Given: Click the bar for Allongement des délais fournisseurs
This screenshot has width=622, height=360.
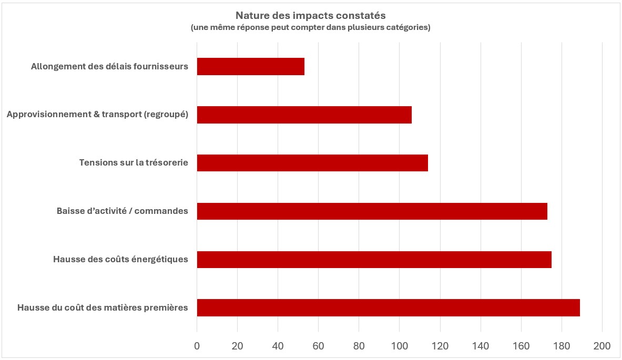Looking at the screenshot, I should (x=250, y=67).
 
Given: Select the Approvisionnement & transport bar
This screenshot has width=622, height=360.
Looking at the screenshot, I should (x=304, y=115).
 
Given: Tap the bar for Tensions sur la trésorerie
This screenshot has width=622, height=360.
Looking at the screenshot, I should (x=312, y=163).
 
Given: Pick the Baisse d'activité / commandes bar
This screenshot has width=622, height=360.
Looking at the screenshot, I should (x=372, y=211).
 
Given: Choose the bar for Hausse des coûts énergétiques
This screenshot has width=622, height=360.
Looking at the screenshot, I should (x=374, y=260).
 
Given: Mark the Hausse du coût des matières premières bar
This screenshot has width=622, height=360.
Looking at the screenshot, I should (x=388, y=307).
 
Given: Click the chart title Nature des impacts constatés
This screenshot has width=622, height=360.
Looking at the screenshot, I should (x=311, y=16).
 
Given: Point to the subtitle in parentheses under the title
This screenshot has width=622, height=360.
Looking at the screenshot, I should (x=311, y=28).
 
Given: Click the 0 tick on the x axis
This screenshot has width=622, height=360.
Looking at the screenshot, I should (x=197, y=346).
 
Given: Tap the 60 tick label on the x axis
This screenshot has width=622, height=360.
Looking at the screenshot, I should (x=319, y=346).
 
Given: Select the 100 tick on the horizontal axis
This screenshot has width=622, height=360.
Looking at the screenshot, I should (x=400, y=346).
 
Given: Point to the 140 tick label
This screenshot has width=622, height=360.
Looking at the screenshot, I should (x=481, y=346).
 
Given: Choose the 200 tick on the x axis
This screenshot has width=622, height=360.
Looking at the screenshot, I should (x=602, y=346).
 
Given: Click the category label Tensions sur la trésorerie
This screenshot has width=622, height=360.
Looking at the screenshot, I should (x=134, y=163).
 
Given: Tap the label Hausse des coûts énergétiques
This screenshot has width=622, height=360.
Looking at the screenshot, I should (x=120, y=260).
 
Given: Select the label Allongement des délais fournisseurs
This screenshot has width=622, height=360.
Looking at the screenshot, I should (x=109, y=67).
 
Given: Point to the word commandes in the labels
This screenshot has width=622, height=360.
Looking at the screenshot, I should (x=163, y=211).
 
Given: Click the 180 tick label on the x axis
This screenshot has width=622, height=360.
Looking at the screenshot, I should (x=562, y=346).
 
